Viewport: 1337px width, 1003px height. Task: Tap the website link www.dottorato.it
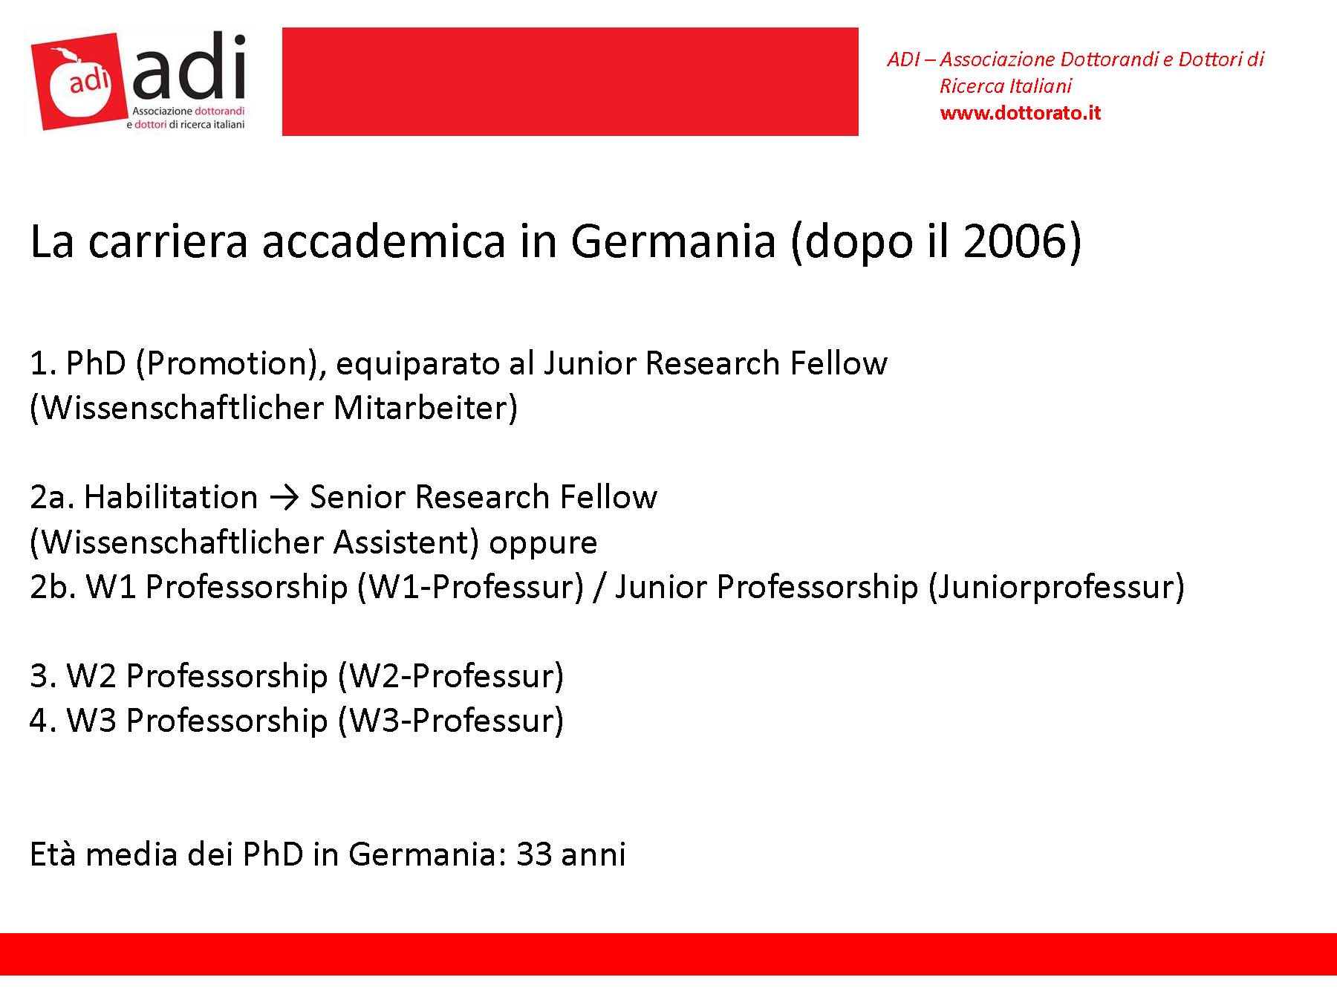click(1020, 113)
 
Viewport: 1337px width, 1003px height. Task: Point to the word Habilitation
click(171, 496)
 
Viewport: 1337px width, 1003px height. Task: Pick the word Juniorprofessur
click(1055, 588)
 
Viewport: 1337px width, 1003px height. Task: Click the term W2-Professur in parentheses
click(451, 675)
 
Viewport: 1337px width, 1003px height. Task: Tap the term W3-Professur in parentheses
click(451, 720)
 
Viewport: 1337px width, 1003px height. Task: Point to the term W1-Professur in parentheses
click(471, 586)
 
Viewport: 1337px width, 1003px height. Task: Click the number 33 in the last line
click(534, 854)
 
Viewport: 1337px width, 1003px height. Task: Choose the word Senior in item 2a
click(358, 496)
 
